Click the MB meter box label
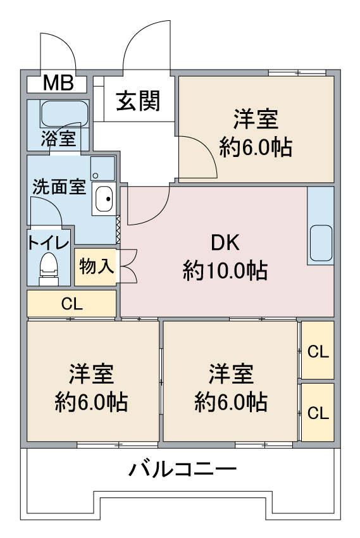point(58,83)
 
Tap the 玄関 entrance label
point(138,101)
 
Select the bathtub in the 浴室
point(65,113)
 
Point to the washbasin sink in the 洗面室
point(104,199)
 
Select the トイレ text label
point(48,243)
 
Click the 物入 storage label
point(96,266)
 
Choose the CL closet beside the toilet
point(71,304)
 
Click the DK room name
point(225,243)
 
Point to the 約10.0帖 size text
point(225,270)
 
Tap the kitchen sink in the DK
point(321,242)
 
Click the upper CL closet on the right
point(318,350)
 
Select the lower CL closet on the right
point(318,412)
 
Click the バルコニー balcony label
point(182,469)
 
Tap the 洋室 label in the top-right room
point(256,119)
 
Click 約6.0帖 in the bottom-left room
point(91,402)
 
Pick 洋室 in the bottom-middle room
point(231,373)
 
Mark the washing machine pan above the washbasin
point(102,168)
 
